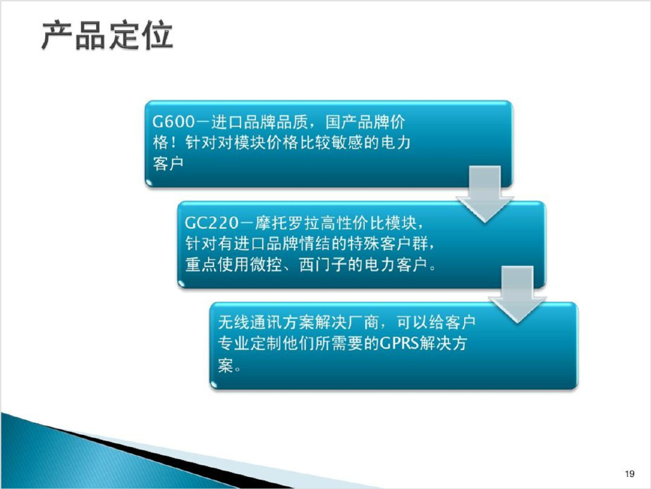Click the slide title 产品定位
point(107,35)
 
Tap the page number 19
point(629,474)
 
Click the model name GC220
point(212,223)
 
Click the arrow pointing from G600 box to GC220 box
point(485,194)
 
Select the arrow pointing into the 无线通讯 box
point(517,294)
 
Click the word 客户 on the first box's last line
point(168,163)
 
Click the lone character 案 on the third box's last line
point(226,365)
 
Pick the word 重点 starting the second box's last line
point(201,265)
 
